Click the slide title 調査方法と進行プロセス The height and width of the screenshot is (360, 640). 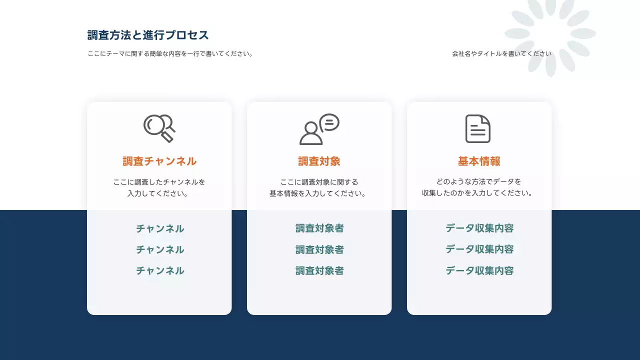[x=148, y=35]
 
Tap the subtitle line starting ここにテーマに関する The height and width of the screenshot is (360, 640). [x=170, y=54]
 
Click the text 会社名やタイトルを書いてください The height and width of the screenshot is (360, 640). [x=501, y=53]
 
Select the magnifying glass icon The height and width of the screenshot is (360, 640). [x=159, y=128]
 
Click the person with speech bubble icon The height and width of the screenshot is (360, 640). [x=319, y=129]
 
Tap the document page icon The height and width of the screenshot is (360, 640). [x=478, y=128]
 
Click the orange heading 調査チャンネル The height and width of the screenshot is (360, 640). [x=159, y=161]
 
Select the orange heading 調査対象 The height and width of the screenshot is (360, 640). [x=319, y=161]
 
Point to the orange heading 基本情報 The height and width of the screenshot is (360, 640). [x=479, y=161]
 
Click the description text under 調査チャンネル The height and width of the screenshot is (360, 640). [x=159, y=187]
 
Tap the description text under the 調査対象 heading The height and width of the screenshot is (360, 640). [x=319, y=187]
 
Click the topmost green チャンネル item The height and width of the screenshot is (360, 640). [x=160, y=229]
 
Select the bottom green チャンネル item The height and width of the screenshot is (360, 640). [x=160, y=271]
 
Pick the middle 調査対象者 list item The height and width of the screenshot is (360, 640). [x=319, y=249]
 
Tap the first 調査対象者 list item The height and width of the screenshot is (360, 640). [x=319, y=228]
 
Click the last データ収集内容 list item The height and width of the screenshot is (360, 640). [x=479, y=271]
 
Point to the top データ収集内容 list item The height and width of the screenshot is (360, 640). [x=479, y=228]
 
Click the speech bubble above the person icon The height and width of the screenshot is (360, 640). [x=329, y=122]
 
